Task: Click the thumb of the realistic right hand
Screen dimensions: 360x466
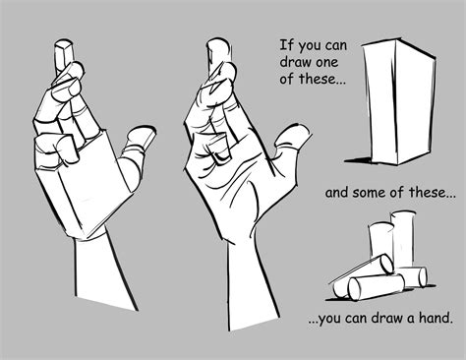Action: (287, 143)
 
